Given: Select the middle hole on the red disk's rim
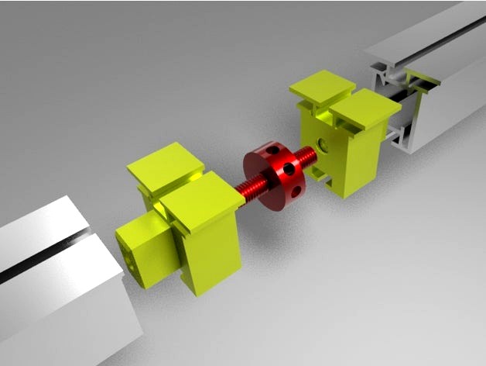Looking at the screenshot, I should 289,168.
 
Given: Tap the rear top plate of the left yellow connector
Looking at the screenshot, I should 166,164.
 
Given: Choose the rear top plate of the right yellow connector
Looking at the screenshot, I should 323,88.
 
